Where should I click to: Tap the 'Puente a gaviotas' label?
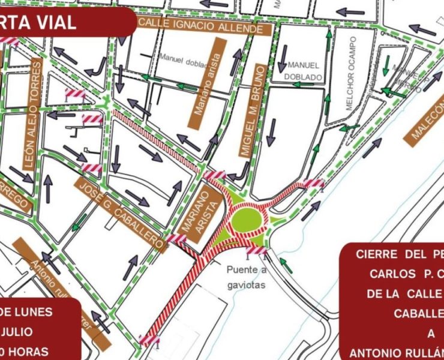click(246, 278)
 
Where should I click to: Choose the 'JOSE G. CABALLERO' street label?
click(121, 213)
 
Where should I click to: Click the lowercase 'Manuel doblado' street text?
click(183, 58)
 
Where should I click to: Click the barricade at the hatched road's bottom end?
click(149, 340)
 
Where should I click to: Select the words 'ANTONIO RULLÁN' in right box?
click(396, 352)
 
